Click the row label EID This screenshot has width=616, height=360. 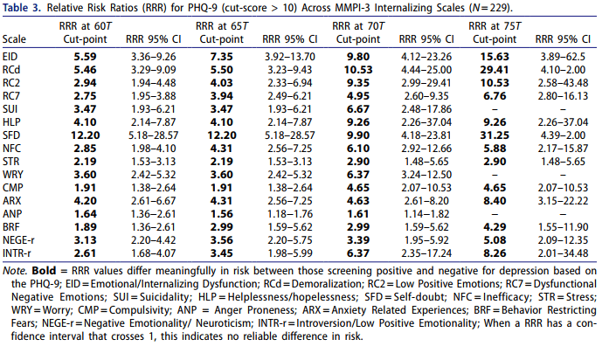coord(10,56)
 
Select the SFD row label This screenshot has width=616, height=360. coord(11,136)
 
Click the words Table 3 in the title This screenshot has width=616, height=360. coord(24,8)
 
